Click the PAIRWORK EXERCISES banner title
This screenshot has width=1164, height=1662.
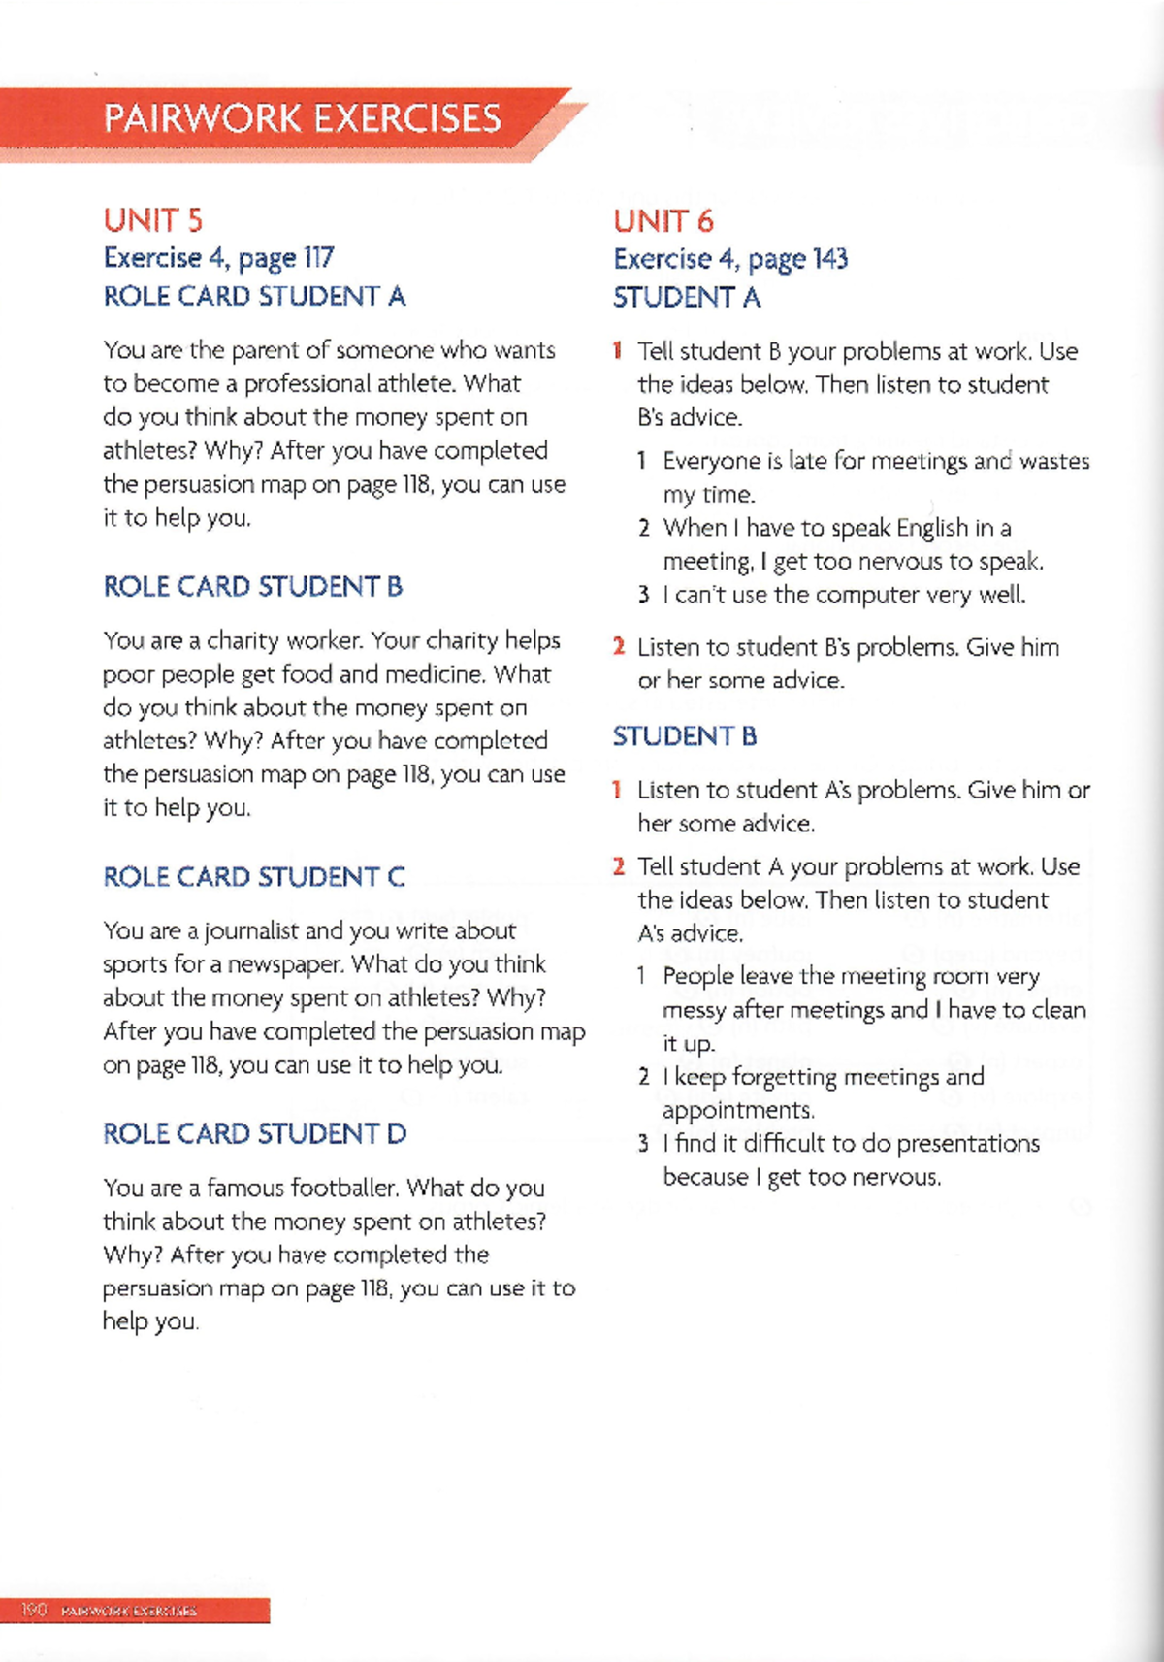pos(302,119)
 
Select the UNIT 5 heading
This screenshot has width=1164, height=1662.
pos(153,221)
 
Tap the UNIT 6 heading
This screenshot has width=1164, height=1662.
pos(663,222)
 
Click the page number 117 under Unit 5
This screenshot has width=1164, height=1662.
pos(318,258)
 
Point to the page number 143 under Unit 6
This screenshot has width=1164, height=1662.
pos(830,259)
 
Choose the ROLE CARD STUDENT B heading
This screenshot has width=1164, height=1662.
pos(252,587)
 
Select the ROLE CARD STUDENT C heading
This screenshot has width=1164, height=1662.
pos(254,877)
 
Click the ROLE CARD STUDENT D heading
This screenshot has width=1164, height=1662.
pos(254,1134)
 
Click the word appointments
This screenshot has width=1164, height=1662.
pos(737,1111)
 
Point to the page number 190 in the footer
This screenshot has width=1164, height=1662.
pos(34,1610)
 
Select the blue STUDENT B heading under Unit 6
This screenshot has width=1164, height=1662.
pos(685,737)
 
